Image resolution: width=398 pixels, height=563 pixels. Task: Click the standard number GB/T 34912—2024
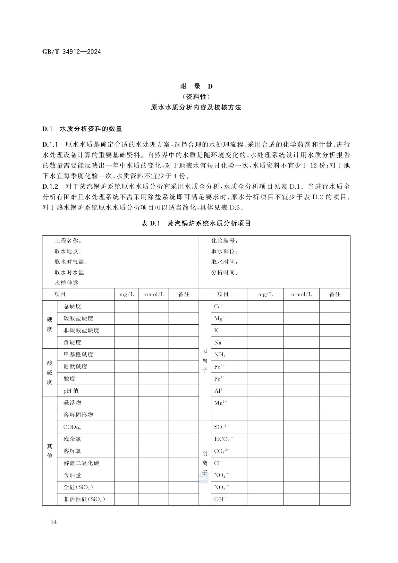(72, 52)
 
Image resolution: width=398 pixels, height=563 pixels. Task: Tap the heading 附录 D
(196, 86)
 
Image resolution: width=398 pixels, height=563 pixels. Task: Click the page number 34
(54, 522)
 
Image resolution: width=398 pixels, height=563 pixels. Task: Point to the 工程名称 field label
(68, 241)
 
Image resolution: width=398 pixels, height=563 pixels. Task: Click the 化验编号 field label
(224, 241)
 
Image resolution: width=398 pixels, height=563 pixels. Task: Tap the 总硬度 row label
(72, 306)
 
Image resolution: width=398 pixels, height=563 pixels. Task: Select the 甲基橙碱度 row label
(78, 354)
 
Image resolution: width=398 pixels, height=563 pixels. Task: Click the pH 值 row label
(71, 391)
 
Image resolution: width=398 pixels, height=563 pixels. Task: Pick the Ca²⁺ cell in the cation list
(220, 306)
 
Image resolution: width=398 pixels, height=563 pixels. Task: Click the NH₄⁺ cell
(221, 354)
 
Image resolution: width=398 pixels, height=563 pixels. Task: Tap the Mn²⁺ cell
(221, 403)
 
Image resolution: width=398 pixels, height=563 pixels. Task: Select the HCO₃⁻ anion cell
(224, 439)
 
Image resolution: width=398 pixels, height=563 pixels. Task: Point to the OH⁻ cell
(220, 499)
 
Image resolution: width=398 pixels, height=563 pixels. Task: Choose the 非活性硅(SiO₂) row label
(84, 499)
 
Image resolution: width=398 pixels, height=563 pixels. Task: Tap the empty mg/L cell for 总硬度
(126, 306)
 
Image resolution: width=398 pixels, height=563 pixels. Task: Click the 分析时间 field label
(224, 273)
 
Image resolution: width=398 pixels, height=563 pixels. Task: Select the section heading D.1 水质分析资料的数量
(82, 129)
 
